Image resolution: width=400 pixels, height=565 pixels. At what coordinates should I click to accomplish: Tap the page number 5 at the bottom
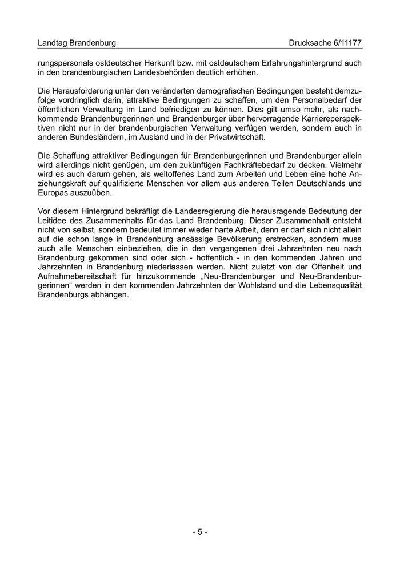pos(199,532)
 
